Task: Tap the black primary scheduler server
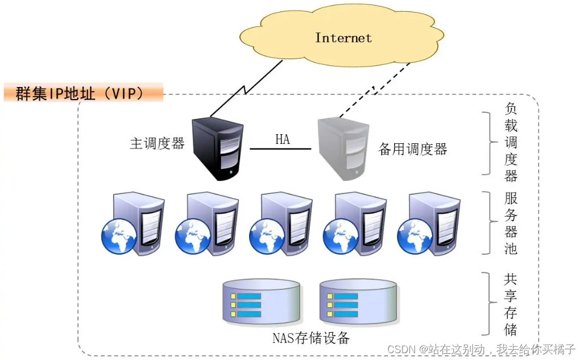[218, 147]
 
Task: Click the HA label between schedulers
[283, 139]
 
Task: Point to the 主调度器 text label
[158, 143]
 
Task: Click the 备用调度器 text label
[413, 150]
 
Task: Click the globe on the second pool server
[193, 236]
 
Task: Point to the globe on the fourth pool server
[341, 236]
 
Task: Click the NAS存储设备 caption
[310, 338]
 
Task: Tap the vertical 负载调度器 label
[511, 143]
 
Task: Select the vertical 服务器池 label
[511, 224]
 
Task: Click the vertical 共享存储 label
[511, 304]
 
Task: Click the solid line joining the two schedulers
[281, 149]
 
